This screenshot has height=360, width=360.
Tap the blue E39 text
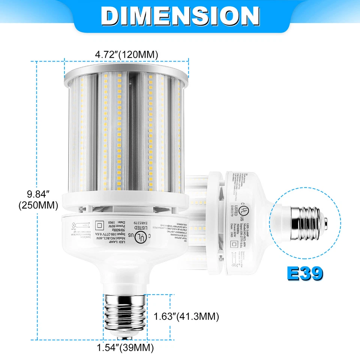click(305, 273)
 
